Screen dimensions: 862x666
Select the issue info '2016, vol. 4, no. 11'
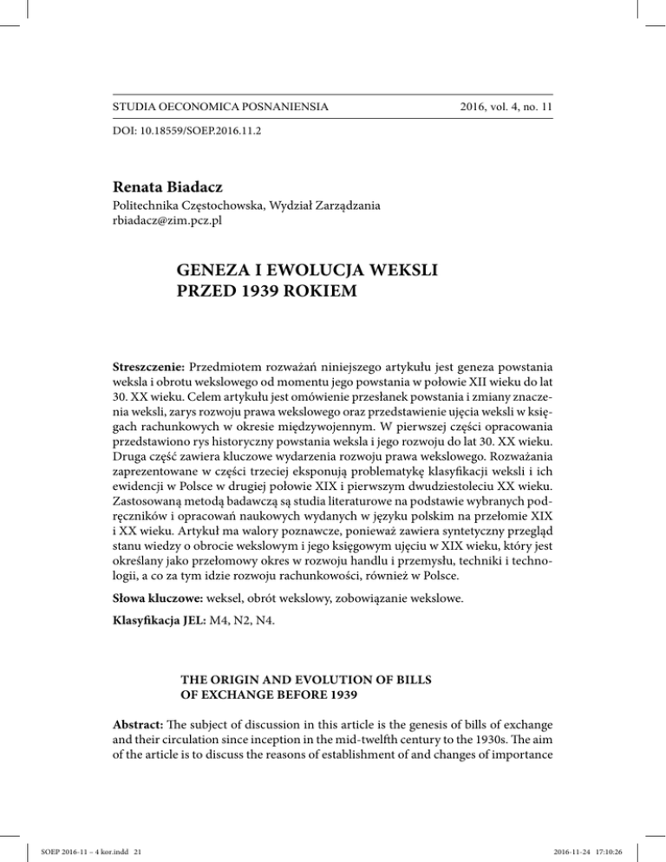490,108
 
